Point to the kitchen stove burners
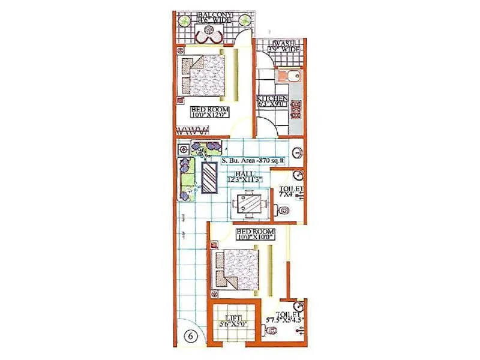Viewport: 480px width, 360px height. click(x=295, y=109)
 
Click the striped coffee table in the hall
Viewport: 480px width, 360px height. click(x=209, y=178)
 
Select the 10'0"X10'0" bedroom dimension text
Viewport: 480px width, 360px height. click(x=254, y=237)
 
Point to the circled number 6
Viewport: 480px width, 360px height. click(x=190, y=337)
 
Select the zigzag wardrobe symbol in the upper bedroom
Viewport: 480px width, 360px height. click(x=193, y=130)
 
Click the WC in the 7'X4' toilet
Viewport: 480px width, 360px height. click(x=284, y=210)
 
